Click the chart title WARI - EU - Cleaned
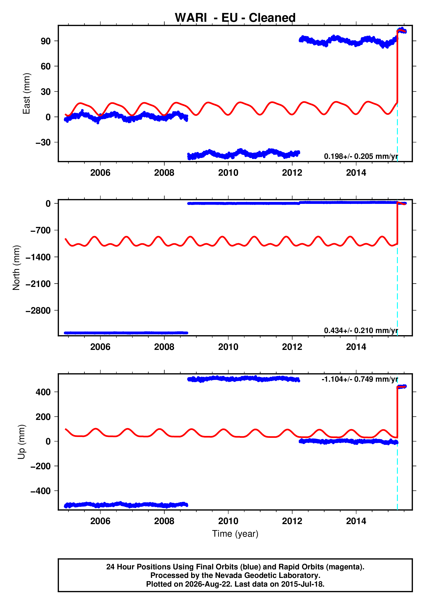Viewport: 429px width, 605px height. point(235,18)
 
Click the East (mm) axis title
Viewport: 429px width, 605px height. point(26,94)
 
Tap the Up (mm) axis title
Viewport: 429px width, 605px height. point(22,442)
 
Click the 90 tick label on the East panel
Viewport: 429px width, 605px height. point(46,41)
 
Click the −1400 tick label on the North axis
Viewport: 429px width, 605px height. point(38,257)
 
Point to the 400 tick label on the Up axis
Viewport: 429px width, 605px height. point(43,392)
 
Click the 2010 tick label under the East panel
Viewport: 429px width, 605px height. point(228,173)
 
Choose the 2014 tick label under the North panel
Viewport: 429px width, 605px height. point(356,347)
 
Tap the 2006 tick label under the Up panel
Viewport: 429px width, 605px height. point(100,521)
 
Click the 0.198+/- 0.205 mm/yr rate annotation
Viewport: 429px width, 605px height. point(361,156)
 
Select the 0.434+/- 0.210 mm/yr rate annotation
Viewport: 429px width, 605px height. point(361,331)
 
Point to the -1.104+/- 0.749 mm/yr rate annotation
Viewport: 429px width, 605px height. point(360,379)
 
